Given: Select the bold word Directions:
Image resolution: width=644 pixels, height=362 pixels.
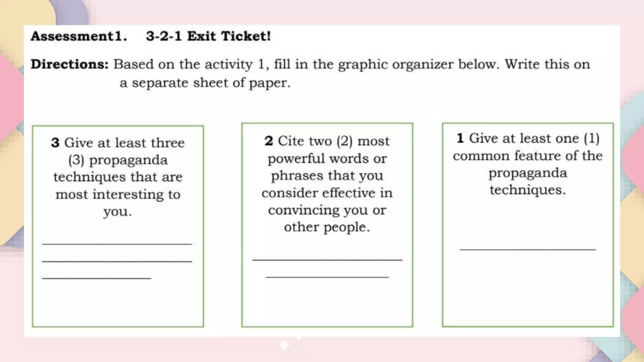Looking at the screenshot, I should [69, 64].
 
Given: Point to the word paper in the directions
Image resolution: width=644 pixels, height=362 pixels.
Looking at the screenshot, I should [269, 83].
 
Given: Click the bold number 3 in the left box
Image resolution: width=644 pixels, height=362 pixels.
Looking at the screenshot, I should [55, 143].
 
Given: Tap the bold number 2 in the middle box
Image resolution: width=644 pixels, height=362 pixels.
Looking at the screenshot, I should [269, 141].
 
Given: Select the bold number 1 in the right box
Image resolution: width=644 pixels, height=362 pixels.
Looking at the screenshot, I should [460, 138].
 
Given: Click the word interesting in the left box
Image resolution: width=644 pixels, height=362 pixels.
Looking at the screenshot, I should [128, 195].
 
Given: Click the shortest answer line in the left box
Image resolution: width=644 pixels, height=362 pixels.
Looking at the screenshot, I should [97, 278].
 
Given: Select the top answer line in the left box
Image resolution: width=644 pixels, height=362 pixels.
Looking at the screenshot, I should [117, 244].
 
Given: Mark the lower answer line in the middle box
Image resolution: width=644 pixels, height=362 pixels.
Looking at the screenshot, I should [327, 277].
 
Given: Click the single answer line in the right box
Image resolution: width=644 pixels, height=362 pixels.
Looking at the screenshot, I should [528, 250].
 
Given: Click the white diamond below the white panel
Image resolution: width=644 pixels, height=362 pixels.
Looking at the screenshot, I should [285, 345].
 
